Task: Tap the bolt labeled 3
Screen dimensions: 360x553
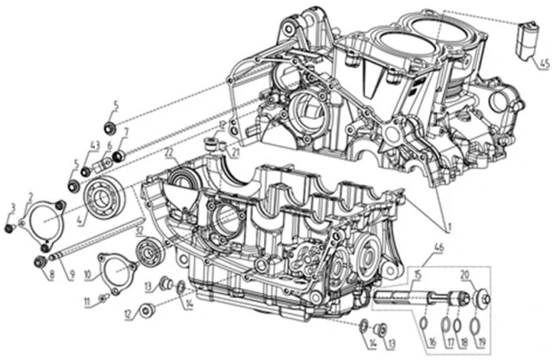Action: [x=9, y=229]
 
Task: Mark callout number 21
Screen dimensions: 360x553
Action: [x=235, y=150]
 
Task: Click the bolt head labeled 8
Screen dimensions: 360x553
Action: [x=39, y=261]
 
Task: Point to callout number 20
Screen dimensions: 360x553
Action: [x=487, y=273]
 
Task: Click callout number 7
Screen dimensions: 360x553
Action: [x=125, y=132]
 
